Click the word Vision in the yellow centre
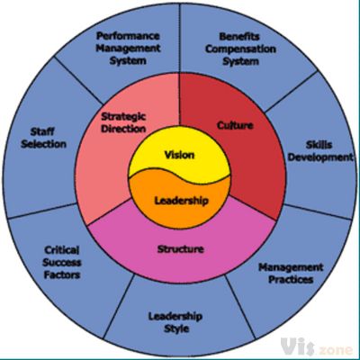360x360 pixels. pos(179,155)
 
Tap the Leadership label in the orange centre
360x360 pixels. pos(181,201)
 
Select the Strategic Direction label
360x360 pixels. pos(123,122)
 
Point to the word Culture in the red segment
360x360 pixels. pos(235,125)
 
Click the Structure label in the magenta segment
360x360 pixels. pos(181,249)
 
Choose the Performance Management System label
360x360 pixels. pos(128,49)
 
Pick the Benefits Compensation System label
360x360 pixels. pos(240,49)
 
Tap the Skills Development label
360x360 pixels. pos(320,151)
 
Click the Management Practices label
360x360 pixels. pos(291,274)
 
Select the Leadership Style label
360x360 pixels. pos(175,323)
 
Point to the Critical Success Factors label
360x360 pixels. pos(62,263)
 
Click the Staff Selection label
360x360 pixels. pos(43,138)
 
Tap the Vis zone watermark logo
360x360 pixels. pos(317,347)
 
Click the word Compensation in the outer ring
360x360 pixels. pos(240,49)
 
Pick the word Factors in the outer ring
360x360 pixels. pos(62,274)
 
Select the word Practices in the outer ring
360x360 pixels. pos(291,280)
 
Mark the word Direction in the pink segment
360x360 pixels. pos(123,129)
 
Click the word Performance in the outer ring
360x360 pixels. pos(128,36)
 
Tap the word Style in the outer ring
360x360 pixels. pos(176,329)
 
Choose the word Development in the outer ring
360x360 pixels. pos(320,157)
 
